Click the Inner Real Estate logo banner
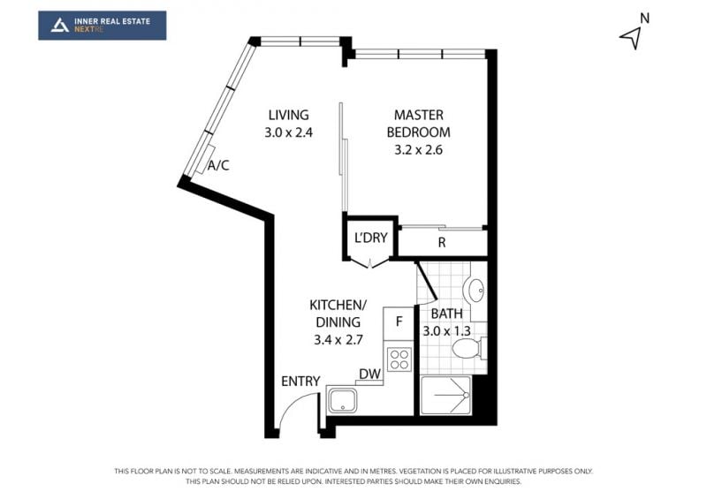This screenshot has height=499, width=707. pyautogui.click(x=103, y=26)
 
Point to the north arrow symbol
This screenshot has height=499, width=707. pyautogui.click(x=632, y=37)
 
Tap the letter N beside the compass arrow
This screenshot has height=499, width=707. pyautogui.click(x=645, y=19)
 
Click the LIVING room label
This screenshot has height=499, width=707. pyautogui.click(x=289, y=115)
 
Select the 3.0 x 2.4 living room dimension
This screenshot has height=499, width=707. pyautogui.click(x=289, y=132)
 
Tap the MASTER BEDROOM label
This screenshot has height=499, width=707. pyautogui.click(x=418, y=124)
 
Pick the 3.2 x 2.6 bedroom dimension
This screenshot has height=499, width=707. pyautogui.click(x=418, y=149)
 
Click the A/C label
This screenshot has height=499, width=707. pyautogui.click(x=218, y=165)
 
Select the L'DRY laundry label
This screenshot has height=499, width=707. pyautogui.click(x=370, y=238)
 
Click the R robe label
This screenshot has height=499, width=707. pyautogui.click(x=442, y=243)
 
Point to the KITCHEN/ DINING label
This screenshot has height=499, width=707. pyautogui.click(x=338, y=314)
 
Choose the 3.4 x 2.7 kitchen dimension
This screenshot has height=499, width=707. pyautogui.click(x=338, y=339)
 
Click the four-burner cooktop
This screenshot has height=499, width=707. pyautogui.click(x=399, y=359)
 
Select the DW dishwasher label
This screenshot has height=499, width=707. pyautogui.click(x=369, y=374)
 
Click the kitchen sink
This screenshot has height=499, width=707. pyautogui.click(x=343, y=401)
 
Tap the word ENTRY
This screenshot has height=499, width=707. pyautogui.click(x=300, y=382)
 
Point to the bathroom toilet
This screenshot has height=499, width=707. pyautogui.click(x=469, y=348)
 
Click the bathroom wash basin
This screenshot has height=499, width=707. pyautogui.click(x=475, y=291)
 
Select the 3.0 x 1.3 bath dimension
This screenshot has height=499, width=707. pyautogui.click(x=447, y=331)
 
